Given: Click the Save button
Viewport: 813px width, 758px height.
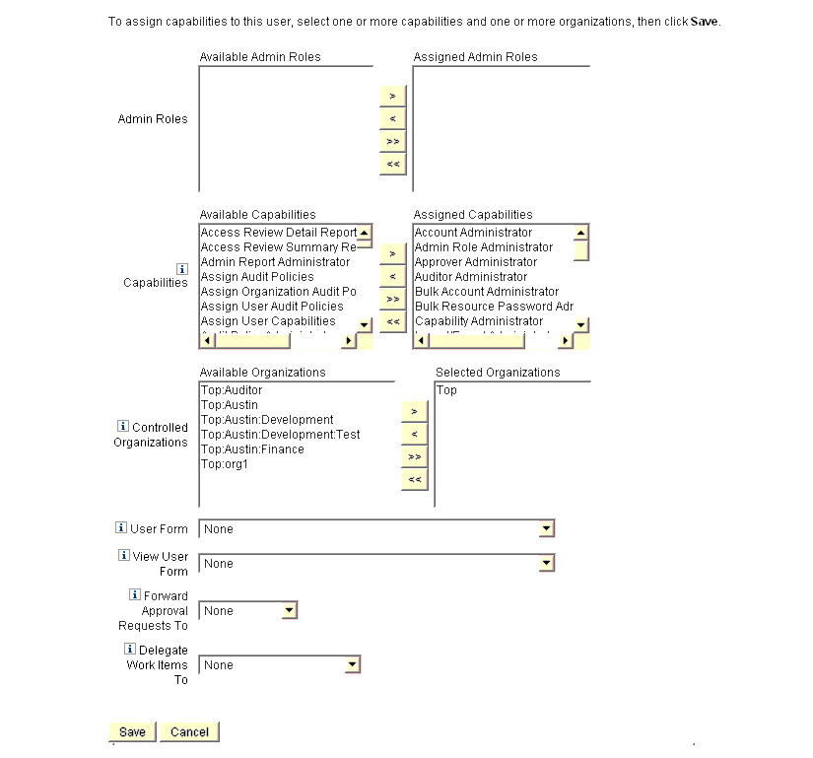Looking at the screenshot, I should tap(132, 732).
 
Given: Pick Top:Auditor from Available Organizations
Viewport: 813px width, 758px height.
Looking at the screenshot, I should tap(232, 390).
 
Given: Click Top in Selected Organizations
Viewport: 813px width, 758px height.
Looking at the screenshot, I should tap(446, 390).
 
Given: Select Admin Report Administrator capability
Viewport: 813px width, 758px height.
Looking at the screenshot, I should tap(275, 262).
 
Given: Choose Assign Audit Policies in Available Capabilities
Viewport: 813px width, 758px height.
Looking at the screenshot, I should tap(257, 277).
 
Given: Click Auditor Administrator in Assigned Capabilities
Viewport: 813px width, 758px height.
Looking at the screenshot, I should tap(471, 277).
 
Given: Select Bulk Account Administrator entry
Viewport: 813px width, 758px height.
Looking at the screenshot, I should tap(487, 292).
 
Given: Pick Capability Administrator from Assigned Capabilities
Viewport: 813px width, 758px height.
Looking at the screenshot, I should tap(479, 321).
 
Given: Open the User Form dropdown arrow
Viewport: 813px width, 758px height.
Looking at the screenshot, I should tap(547, 529).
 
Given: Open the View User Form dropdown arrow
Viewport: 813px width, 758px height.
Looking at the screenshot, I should tap(547, 564).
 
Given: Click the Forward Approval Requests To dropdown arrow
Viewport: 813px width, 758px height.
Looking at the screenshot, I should tap(289, 611).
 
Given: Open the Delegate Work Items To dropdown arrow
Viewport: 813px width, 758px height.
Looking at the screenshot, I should tap(353, 665).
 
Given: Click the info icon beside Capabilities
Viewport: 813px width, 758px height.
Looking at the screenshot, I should tap(182, 268).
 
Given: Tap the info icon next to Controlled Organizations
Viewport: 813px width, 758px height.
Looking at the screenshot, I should tap(123, 427).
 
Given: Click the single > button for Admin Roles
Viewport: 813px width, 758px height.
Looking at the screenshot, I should tap(392, 97).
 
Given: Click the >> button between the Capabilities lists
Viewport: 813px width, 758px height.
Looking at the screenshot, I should tap(392, 299).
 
